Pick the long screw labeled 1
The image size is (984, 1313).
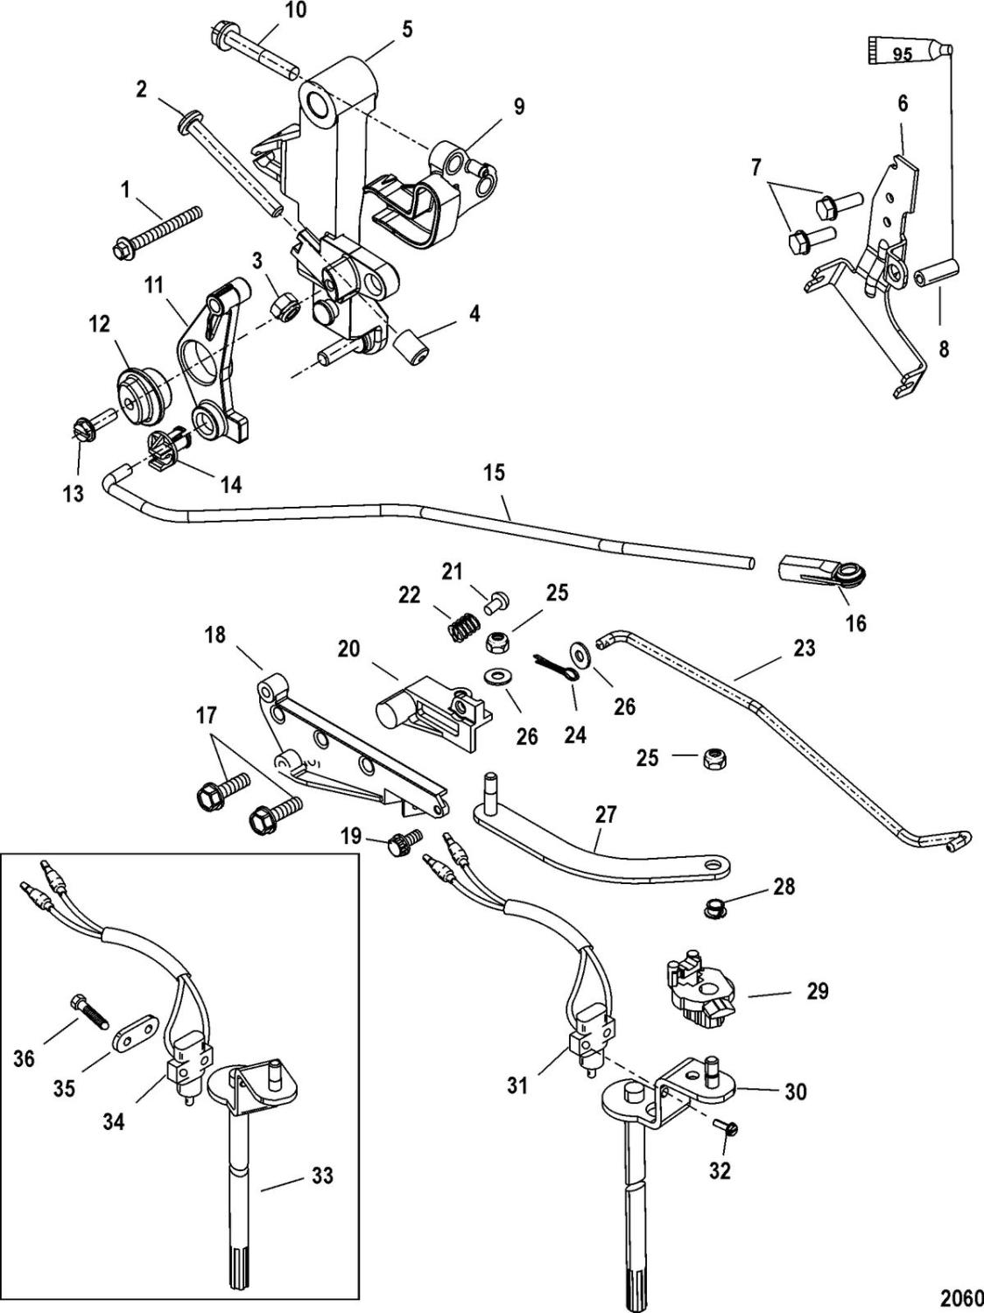(x=158, y=230)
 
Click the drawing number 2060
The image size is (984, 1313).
(x=960, y=1295)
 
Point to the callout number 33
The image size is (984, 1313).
(x=323, y=1175)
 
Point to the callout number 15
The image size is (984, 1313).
(x=494, y=474)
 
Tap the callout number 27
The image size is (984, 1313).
(x=606, y=814)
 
